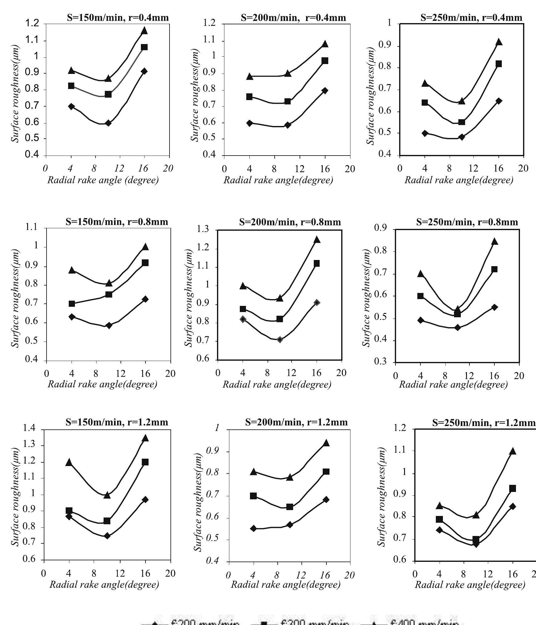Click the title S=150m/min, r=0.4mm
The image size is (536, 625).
[118, 18]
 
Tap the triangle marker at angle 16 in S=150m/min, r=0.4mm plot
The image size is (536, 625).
[144, 30]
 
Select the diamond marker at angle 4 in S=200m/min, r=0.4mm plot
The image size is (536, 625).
[250, 123]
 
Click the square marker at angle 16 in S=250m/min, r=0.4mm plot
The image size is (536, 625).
[498, 64]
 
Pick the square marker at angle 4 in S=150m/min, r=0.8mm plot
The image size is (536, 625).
[72, 304]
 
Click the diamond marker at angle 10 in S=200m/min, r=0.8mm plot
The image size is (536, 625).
[280, 339]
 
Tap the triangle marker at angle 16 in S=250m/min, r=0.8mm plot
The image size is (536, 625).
[494, 241]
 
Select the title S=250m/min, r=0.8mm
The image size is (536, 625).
[467, 222]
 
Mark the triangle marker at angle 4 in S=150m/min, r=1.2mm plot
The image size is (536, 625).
[69, 462]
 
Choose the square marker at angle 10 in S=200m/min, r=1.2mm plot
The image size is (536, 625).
[289, 507]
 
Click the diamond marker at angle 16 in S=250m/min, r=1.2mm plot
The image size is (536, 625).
[513, 506]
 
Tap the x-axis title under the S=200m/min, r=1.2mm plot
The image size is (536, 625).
[286, 584]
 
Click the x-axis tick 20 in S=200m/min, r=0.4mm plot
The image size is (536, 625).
[350, 169]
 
